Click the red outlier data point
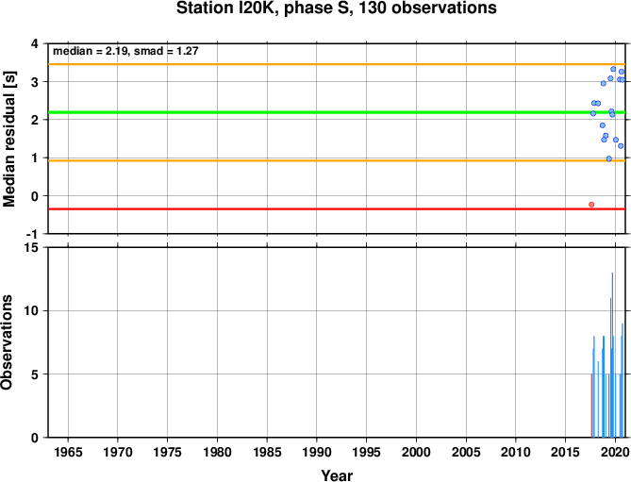coord(591,205)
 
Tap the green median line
coord(337,112)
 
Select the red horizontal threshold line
coord(337,208)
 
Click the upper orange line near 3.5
coord(337,64)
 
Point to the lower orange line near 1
coord(337,160)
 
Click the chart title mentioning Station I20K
coord(337,8)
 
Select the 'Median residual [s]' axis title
coord(8,139)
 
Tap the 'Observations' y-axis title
coord(7,342)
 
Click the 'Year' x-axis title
coord(337,475)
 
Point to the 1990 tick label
coord(316,452)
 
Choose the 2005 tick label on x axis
coord(466,452)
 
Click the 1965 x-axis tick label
coord(68,452)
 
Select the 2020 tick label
coord(615,452)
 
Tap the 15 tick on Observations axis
coord(33,248)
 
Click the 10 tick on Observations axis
coord(33,310)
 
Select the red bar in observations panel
coord(591,406)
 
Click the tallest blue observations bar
coord(612,355)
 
